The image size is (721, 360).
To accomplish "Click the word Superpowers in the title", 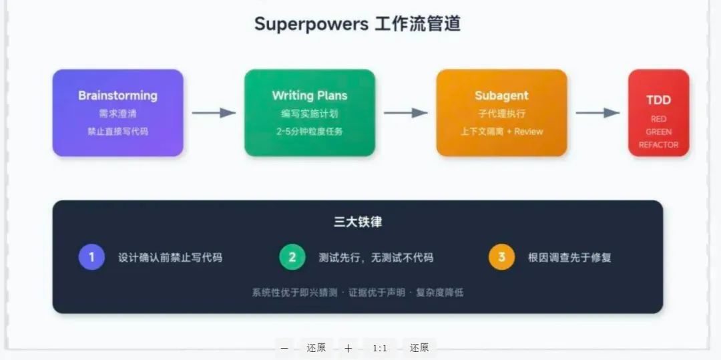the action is (x=311, y=24).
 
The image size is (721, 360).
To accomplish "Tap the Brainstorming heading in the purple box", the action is (x=117, y=96).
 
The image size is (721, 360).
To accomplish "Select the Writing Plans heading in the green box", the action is (x=309, y=96).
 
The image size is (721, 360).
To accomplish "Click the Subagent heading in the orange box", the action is (x=501, y=96).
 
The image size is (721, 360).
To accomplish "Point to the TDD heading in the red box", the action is (x=658, y=100).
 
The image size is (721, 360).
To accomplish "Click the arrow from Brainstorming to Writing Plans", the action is (x=214, y=113).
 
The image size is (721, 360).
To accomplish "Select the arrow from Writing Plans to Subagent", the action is (x=405, y=113).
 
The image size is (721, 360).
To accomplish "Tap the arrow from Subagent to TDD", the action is (x=597, y=113).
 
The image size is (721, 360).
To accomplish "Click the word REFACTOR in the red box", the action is (x=658, y=145).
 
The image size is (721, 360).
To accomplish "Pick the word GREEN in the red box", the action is (x=658, y=132).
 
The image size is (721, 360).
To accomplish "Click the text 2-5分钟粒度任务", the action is (x=309, y=132).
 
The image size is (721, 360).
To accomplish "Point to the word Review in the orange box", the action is (x=529, y=132).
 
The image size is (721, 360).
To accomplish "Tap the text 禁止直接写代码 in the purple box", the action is (x=117, y=132).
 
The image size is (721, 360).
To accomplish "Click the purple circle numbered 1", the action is (x=91, y=257).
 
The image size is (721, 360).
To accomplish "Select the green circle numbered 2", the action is (x=292, y=257).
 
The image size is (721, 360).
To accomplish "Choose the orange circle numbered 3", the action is (x=501, y=257).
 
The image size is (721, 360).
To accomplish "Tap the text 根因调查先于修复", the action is (x=569, y=257).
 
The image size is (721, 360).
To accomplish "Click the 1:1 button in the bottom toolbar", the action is (x=380, y=348).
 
